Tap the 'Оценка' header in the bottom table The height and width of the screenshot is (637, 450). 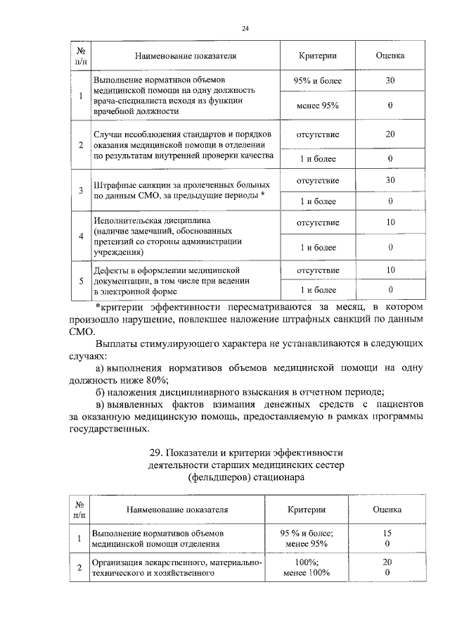coord(387,508)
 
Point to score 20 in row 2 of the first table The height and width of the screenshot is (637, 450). coord(390,134)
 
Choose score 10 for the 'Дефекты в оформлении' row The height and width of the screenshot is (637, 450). coord(390,270)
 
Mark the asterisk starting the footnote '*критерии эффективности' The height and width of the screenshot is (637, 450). coord(97,308)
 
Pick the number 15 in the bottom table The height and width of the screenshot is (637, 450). coord(387,534)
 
